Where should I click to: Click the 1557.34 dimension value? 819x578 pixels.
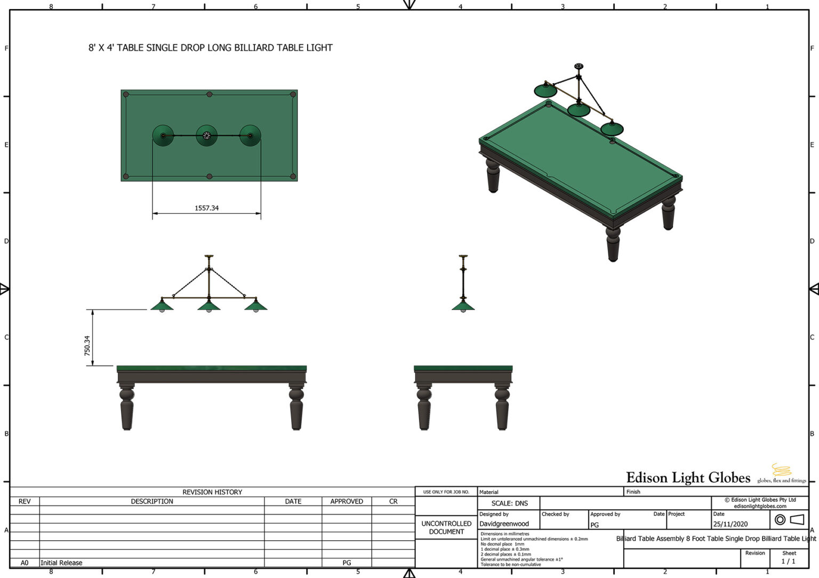206,208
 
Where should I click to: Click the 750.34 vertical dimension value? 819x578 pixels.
87,346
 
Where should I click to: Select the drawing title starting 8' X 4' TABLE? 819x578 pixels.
210,48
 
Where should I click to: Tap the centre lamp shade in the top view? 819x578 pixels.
207,135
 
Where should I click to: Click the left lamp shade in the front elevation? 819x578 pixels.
162,305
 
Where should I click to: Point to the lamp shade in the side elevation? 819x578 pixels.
463,305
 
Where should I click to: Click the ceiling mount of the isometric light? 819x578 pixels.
579,67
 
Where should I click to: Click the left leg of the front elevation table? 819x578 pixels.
127,408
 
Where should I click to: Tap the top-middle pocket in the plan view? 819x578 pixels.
210,94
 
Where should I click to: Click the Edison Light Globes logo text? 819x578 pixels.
688,478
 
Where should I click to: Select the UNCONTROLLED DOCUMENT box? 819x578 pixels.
446,527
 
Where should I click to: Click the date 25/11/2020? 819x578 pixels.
730,524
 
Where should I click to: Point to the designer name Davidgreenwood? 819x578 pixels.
504,524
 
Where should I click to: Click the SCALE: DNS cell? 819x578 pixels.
509,503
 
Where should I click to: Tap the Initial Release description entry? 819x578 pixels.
61,563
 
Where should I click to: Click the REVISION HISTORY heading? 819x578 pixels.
212,492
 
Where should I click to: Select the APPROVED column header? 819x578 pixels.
347,501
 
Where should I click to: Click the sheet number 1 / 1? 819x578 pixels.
788,561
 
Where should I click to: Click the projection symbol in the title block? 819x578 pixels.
789,519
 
